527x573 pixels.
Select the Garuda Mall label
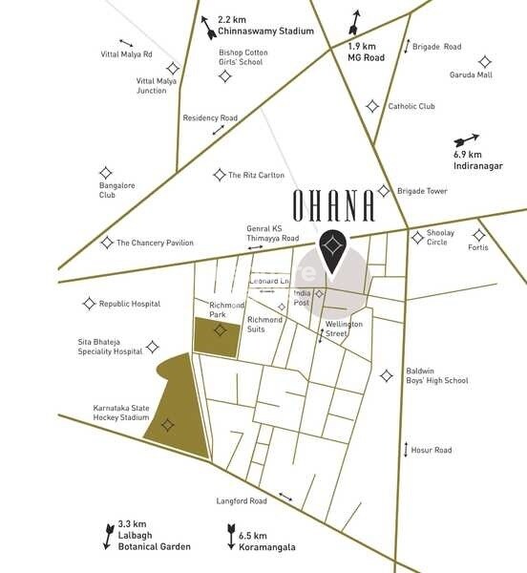coord(471,74)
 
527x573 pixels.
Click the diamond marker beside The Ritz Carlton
coord(219,175)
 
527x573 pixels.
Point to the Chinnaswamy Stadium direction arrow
coord(208,29)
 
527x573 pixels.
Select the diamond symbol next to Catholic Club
coord(372,106)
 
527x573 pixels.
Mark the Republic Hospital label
coord(130,304)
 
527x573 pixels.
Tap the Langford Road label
coord(242,500)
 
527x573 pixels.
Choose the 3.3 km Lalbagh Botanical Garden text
coord(153,536)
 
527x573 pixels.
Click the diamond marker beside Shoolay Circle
coord(416,237)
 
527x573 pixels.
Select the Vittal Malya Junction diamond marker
coord(173,68)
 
